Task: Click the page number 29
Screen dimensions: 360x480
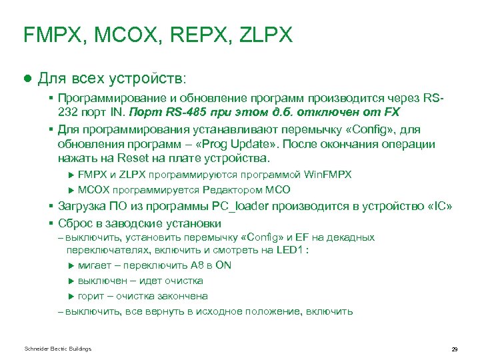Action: point(454,349)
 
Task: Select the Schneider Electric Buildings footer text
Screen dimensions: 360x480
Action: point(57,349)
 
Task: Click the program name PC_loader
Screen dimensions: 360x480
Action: point(239,206)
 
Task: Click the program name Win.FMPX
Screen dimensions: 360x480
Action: point(327,175)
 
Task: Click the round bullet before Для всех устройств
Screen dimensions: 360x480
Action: point(28,78)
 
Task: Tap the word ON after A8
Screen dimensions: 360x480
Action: point(224,265)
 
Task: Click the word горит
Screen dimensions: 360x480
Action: point(91,296)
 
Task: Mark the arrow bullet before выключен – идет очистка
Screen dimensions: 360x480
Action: point(72,281)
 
